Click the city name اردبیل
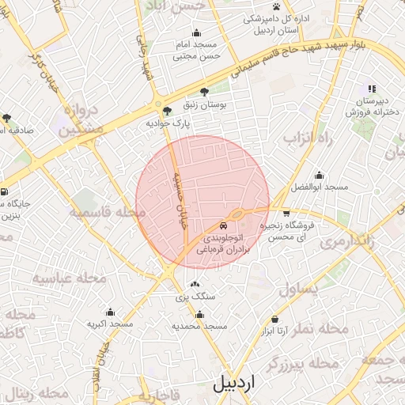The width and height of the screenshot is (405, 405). tap(234, 384)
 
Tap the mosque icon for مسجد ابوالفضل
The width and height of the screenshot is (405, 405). tap(319, 176)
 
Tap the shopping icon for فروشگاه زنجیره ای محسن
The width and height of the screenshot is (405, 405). tap(286, 214)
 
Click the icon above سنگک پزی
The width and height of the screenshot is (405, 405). tap(195, 285)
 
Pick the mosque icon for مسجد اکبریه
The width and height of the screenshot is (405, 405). tap(110, 312)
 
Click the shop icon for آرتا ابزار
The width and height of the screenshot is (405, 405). tap(274, 320)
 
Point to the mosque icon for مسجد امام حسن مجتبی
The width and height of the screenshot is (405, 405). tap(196, 32)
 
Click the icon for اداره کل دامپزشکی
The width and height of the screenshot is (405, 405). tap(276, 7)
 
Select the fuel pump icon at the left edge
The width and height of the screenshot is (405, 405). tap(4, 191)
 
